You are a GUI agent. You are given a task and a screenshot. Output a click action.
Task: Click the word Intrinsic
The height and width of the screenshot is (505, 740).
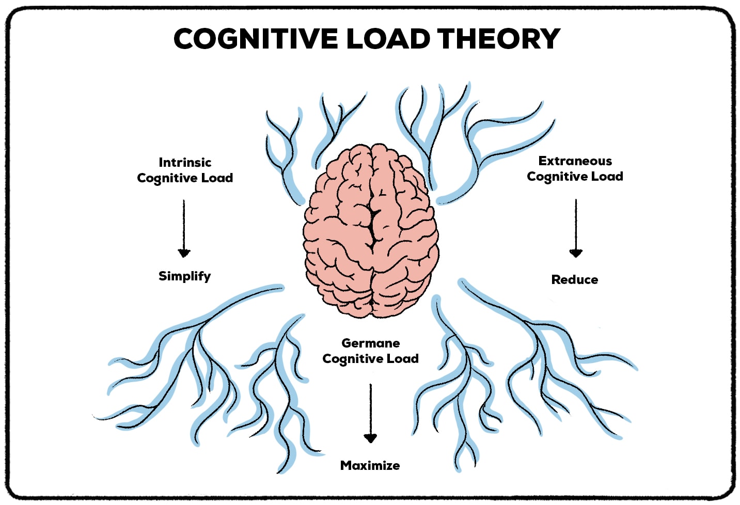(185, 162)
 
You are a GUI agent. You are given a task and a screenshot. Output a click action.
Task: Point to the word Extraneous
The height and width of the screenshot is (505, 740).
(575, 161)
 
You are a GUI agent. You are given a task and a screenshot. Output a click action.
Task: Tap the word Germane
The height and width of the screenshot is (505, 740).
(370, 343)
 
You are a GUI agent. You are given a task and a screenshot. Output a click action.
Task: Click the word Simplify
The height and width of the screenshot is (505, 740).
(184, 276)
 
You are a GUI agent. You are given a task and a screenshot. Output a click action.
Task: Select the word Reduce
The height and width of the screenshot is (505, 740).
(575, 280)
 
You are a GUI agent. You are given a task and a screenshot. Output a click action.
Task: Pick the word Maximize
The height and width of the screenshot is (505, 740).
(370, 466)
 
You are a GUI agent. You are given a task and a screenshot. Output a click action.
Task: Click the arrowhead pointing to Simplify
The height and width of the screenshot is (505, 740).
(184, 253)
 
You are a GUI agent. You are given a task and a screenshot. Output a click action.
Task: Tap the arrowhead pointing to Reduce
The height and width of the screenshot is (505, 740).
(576, 253)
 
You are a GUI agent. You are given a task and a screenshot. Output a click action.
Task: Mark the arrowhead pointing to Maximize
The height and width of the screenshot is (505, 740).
(370, 438)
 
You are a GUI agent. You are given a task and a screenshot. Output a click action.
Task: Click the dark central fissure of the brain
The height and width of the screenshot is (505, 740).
(373, 227)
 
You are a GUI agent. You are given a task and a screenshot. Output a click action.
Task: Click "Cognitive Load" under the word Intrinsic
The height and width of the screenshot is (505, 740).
(185, 178)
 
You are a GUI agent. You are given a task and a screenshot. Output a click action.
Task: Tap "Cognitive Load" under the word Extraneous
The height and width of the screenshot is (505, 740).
(575, 177)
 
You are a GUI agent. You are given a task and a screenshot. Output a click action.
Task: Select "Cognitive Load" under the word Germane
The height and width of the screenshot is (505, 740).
(370, 359)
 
